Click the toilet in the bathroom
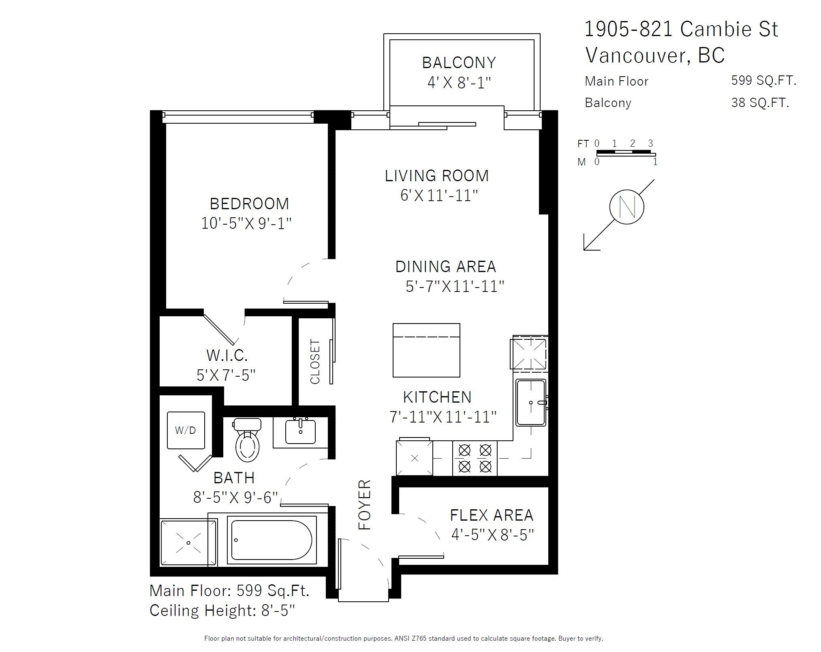247,442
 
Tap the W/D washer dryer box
186,430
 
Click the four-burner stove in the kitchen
475,458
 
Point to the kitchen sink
531,402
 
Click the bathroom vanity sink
300,432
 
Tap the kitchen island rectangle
426,350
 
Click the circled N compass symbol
626,206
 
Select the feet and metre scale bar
625,153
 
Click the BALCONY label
459,63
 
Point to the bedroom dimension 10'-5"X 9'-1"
246,223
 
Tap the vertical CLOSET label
315,361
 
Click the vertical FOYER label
365,504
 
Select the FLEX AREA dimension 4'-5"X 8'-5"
492,535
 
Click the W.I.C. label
227,355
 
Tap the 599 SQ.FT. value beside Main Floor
763,80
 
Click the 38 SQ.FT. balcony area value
760,103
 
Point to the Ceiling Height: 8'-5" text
222,610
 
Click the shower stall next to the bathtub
188,543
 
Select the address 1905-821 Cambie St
681,29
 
